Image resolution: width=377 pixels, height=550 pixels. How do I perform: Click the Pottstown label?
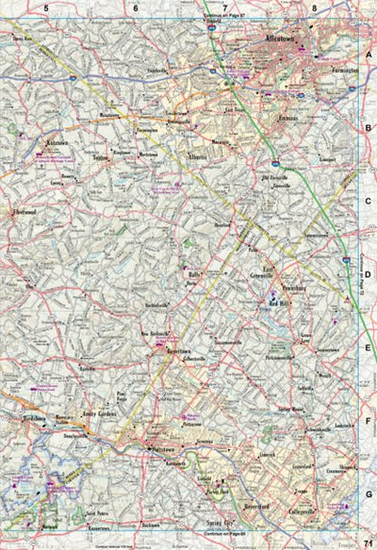click(x=163, y=451)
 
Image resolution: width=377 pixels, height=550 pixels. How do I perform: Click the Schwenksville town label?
click(x=287, y=429)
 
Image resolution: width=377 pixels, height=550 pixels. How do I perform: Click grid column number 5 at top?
click(x=45, y=8)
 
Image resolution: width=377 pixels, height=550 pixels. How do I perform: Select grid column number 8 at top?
click(x=315, y=8)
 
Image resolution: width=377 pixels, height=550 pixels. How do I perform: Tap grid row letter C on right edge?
click(x=369, y=201)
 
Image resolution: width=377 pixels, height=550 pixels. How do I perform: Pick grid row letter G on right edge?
click(x=369, y=493)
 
